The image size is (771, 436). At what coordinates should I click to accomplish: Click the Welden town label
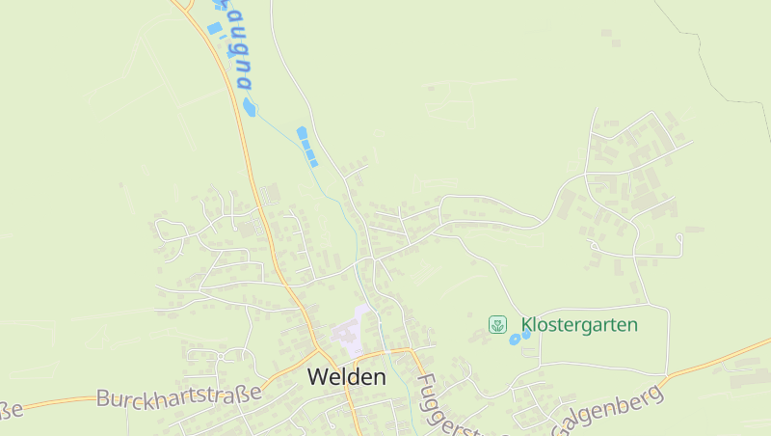pos(346,377)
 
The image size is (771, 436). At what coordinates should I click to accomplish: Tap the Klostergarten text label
pos(579,325)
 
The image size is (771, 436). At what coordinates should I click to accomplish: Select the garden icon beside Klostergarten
pos(497,325)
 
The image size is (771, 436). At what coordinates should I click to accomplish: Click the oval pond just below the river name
pos(250,107)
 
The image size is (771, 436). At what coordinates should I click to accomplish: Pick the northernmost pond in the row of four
pos(302,132)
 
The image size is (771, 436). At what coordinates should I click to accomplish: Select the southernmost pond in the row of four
pos(313,162)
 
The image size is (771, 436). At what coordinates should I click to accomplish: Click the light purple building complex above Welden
pos(348,333)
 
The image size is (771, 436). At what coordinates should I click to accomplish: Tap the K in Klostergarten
pos(526,325)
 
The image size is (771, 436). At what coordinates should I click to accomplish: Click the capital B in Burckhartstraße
pos(105,398)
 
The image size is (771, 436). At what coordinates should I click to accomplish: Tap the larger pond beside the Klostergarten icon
pos(515,340)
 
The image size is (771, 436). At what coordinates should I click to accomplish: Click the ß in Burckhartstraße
pos(241,394)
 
